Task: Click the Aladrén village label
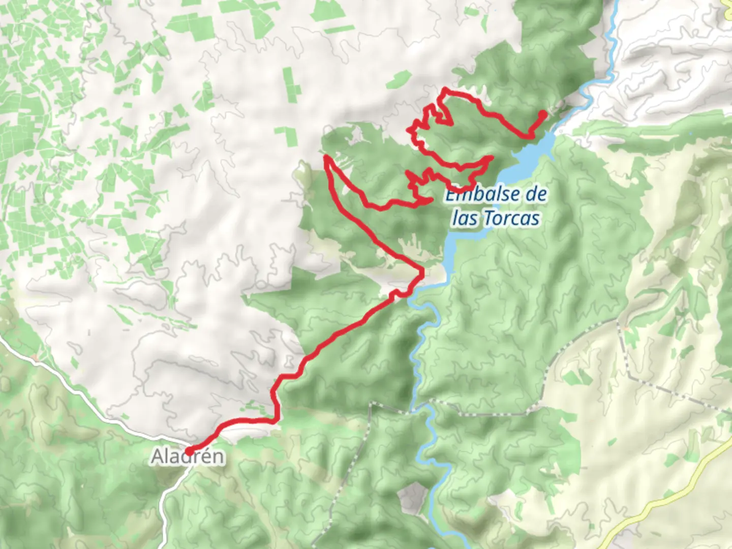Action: coord(187,456)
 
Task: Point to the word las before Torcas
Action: coord(465,219)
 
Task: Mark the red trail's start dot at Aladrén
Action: coord(188,451)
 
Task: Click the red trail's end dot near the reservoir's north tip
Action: coord(544,113)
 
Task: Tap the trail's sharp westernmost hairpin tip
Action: coord(326,157)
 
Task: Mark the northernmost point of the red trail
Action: coord(446,90)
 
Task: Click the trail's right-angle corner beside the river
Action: coord(421,274)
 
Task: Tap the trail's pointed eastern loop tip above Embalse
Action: coord(491,158)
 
